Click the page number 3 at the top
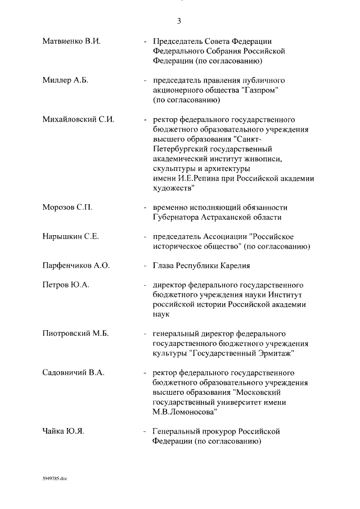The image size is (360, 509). coord(179,21)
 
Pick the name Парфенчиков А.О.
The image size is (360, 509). coord(76,265)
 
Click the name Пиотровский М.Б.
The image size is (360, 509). coord(76,334)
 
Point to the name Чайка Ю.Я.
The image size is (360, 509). coord(64,431)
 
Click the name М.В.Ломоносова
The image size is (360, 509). coord(186,412)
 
